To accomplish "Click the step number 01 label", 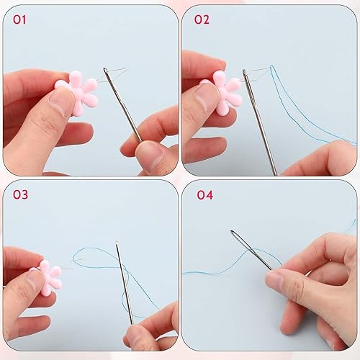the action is pos(19,19).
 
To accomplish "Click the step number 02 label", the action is pos(202,19).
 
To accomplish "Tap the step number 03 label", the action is pos(20,194).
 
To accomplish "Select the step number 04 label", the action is pos(205,195).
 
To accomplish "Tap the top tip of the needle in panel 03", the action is pos(117,242).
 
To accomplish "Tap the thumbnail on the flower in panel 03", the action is pos(36,281).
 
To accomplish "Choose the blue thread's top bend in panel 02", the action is pos(272,66).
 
